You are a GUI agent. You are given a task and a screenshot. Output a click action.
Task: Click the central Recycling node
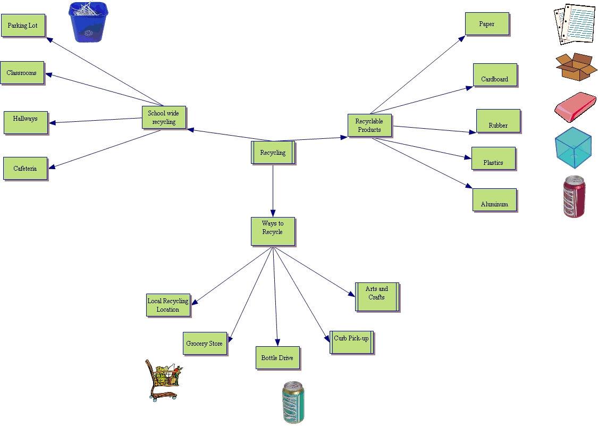(x=273, y=153)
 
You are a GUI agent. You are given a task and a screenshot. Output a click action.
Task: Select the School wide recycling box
(x=164, y=118)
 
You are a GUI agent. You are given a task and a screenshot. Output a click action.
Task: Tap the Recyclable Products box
(x=369, y=126)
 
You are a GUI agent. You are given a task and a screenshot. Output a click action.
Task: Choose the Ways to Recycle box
(x=273, y=231)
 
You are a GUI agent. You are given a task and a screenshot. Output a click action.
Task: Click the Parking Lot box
(x=23, y=26)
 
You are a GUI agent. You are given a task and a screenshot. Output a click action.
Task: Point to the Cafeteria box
(x=25, y=169)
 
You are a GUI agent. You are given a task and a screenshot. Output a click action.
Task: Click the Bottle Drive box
(x=277, y=358)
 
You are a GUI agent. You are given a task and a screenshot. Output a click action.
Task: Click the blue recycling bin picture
(x=88, y=22)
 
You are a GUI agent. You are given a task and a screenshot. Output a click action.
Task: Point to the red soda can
(x=574, y=196)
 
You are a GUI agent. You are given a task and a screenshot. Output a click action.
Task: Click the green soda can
(x=293, y=402)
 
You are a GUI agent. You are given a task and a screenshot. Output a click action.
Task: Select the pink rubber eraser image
(x=575, y=106)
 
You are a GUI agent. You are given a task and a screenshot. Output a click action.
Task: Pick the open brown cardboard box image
(x=575, y=67)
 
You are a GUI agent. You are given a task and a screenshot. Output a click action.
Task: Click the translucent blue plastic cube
(x=573, y=147)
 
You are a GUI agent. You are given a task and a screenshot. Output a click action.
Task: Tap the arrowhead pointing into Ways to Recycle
(x=273, y=212)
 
